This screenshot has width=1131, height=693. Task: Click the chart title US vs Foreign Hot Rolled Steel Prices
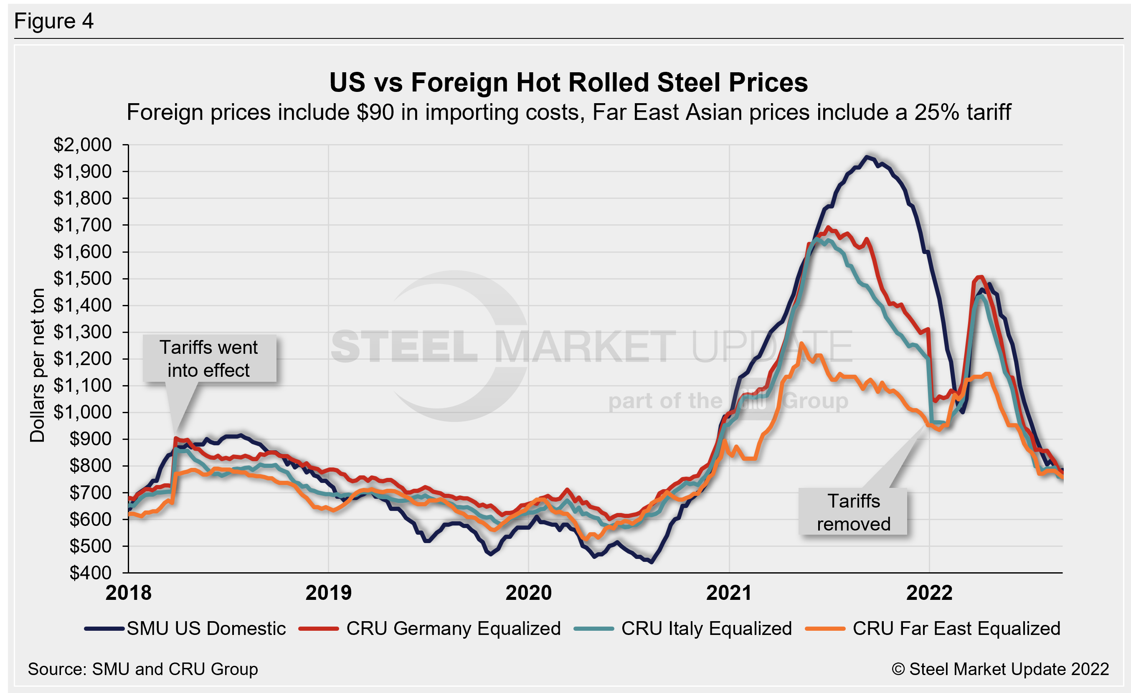click(568, 83)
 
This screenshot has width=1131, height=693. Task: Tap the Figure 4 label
click(54, 21)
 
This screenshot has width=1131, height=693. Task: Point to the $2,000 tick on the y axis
click(83, 145)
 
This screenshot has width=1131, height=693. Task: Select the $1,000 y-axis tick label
click(83, 412)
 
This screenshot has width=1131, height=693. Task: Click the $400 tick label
click(90, 573)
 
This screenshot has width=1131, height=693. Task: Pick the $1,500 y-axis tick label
click(83, 279)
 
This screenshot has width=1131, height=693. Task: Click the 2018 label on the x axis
click(128, 592)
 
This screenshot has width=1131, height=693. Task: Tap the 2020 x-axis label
click(528, 592)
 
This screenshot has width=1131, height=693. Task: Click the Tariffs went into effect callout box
click(209, 358)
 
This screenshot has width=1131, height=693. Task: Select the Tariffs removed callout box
click(853, 512)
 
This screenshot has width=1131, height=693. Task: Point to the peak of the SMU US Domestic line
click(867, 157)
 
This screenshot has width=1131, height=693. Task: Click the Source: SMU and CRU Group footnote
click(143, 669)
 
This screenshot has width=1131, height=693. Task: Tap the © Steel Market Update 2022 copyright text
click(1000, 669)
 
